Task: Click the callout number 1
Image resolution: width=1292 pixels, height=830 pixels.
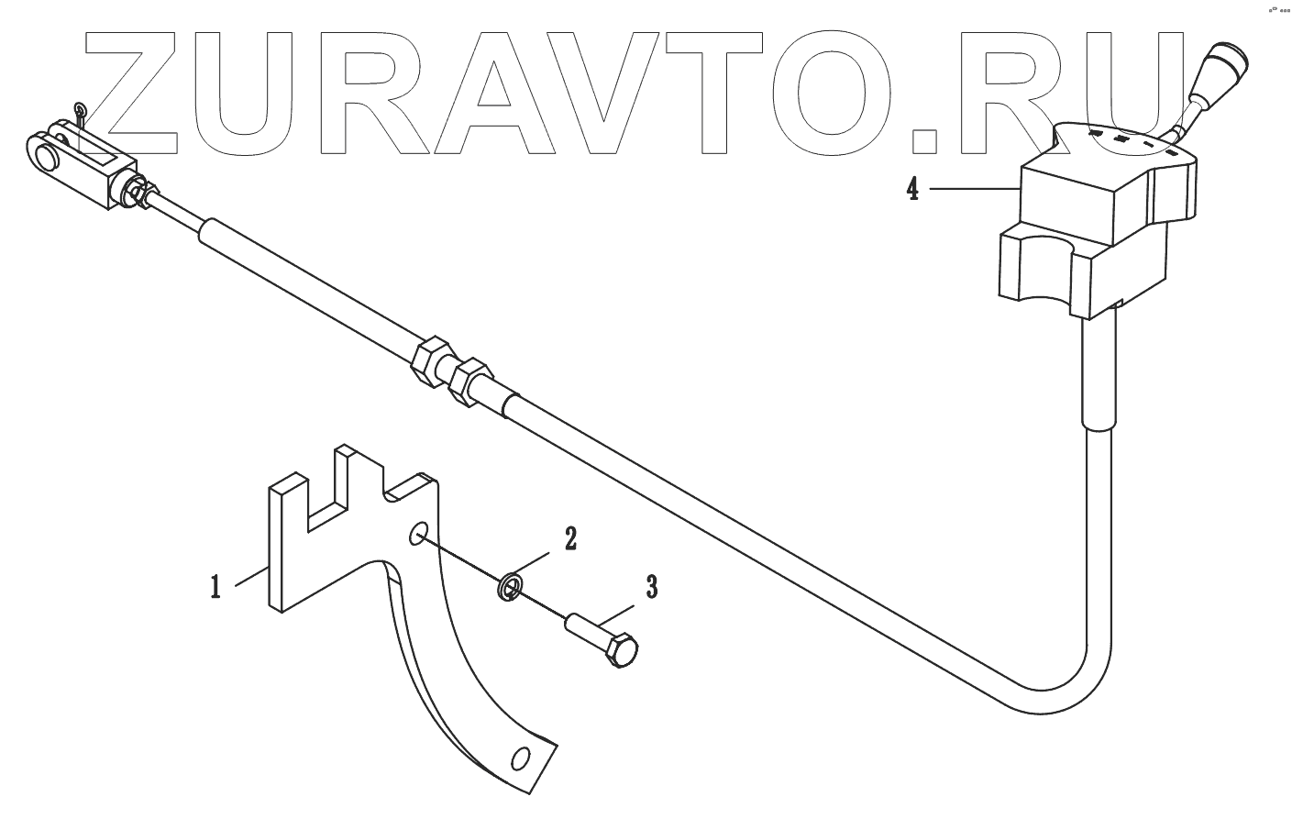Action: click(215, 586)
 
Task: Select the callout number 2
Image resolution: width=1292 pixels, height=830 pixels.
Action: click(569, 538)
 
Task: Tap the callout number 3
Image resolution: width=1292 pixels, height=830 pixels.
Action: click(650, 587)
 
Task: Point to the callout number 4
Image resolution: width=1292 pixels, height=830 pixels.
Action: click(912, 190)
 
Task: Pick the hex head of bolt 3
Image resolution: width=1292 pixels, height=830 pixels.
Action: click(624, 650)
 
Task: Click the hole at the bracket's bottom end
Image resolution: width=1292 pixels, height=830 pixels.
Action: click(522, 759)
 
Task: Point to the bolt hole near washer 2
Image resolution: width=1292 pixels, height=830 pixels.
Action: click(417, 533)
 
